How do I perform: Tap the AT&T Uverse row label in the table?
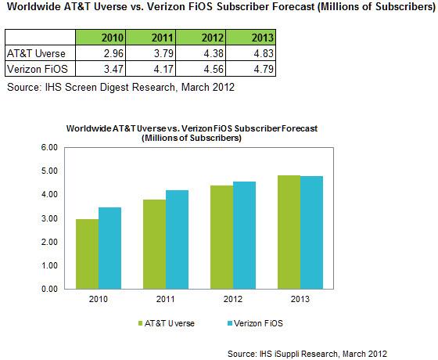pos(36,53)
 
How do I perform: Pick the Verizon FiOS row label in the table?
pos(38,69)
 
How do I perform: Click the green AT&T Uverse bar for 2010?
pos(87,254)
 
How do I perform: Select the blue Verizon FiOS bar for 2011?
pos(177,239)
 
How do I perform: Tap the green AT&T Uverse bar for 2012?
pos(222,237)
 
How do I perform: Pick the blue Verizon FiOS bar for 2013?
pos(312,232)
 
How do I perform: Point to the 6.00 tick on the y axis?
pos(49,147)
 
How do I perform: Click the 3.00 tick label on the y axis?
pos(49,218)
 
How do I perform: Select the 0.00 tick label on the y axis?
pos(49,289)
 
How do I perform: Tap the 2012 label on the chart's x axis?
pos(233,299)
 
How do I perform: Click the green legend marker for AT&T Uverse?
pos(141,324)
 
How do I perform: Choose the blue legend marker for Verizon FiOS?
pos(230,324)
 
